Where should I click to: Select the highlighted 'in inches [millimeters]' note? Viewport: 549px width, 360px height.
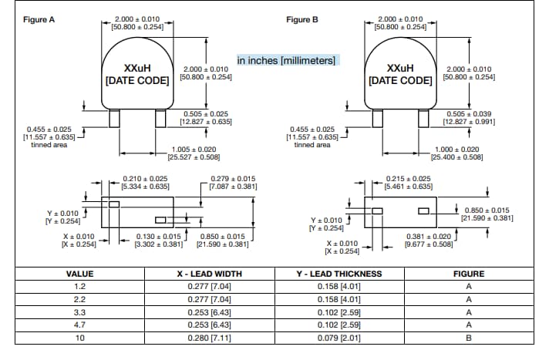click(x=288, y=60)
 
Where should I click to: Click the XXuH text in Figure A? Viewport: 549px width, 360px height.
click(x=136, y=68)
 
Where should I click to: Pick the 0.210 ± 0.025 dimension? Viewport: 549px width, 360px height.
click(x=146, y=179)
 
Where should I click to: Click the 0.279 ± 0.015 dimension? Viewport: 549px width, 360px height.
click(x=233, y=179)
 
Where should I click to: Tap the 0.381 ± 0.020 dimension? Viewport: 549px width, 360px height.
click(x=428, y=237)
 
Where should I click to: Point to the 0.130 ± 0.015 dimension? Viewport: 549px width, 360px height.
click(x=158, y=237)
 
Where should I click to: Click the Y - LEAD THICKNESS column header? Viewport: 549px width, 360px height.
click(x=338, y=274)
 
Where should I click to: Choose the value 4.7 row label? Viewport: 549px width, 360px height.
click(x=79, y=325)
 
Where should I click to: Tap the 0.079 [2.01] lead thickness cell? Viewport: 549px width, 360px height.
click(x=338, y=338)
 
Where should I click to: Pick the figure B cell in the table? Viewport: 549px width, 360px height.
click(x=469, y=338)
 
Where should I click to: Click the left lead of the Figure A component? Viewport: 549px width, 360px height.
click(x=114, y=119)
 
